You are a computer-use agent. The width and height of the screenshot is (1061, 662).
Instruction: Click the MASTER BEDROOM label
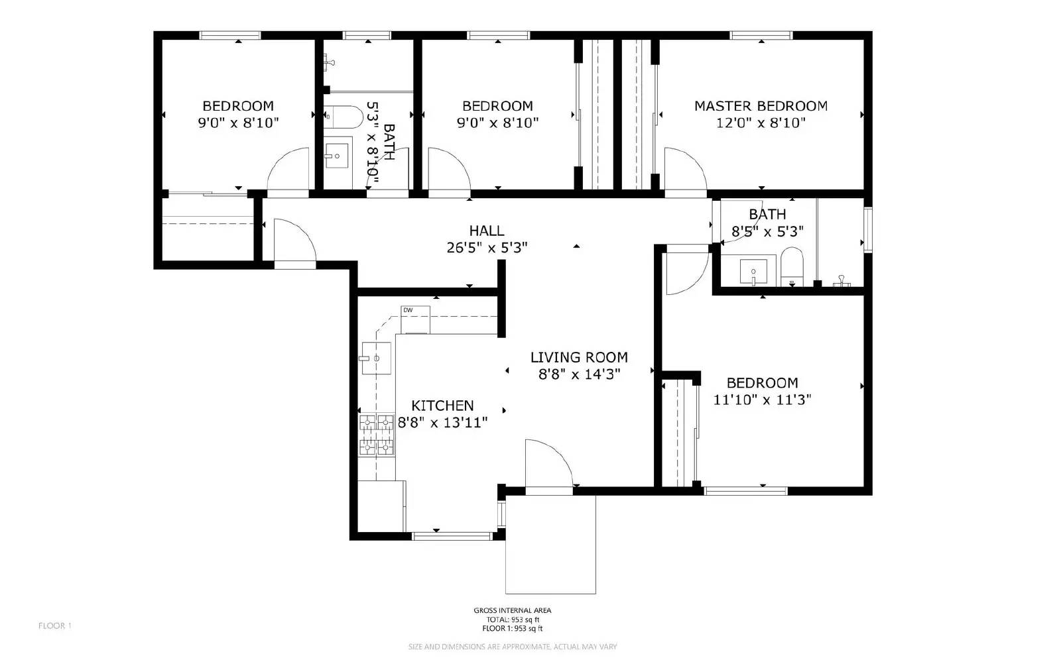pyautogui.click(x=761, y=106)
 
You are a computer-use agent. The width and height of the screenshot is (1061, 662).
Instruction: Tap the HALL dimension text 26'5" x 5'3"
pyautogui.click(x=487, y=248)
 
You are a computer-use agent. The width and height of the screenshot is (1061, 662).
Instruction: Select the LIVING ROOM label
pyautogui.click(x=578, y=358)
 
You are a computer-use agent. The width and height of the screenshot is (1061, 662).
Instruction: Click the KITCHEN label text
pyautogui.click(x=442, y=406)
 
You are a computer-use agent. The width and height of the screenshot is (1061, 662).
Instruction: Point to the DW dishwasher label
pyautogui.click(x=408, y=310)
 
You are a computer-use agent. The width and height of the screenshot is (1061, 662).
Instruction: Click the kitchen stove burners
pyautogui.click(x=377, y=435)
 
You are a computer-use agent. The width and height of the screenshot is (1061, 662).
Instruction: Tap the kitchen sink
pyautogui.click(x=375, y=359)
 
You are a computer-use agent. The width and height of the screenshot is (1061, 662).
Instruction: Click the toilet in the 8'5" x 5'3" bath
pyautogui.click(x=792, y=264)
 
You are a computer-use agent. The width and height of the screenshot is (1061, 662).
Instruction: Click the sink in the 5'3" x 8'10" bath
pyautogui.click(x=339, y=157)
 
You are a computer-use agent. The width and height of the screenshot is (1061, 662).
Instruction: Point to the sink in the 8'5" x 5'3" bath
pyautogui.click(x=753, y=271)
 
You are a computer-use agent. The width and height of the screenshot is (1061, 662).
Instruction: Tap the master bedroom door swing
pyautogui.click(x=683, y=169)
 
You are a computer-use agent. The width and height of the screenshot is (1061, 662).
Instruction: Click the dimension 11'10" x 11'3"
pyautogui.click(x=762, y=400)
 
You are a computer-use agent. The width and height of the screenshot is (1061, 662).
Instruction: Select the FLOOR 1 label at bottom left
pyautogui.click(x=54, y=626)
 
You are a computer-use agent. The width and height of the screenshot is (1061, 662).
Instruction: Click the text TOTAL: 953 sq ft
pyautogui.click(x=512, y=620)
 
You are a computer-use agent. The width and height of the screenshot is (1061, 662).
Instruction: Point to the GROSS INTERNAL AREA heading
pyautogui.click(x=512, y=611)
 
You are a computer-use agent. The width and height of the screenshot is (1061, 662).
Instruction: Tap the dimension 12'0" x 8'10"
pyautogui.click(x=761, y=123)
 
